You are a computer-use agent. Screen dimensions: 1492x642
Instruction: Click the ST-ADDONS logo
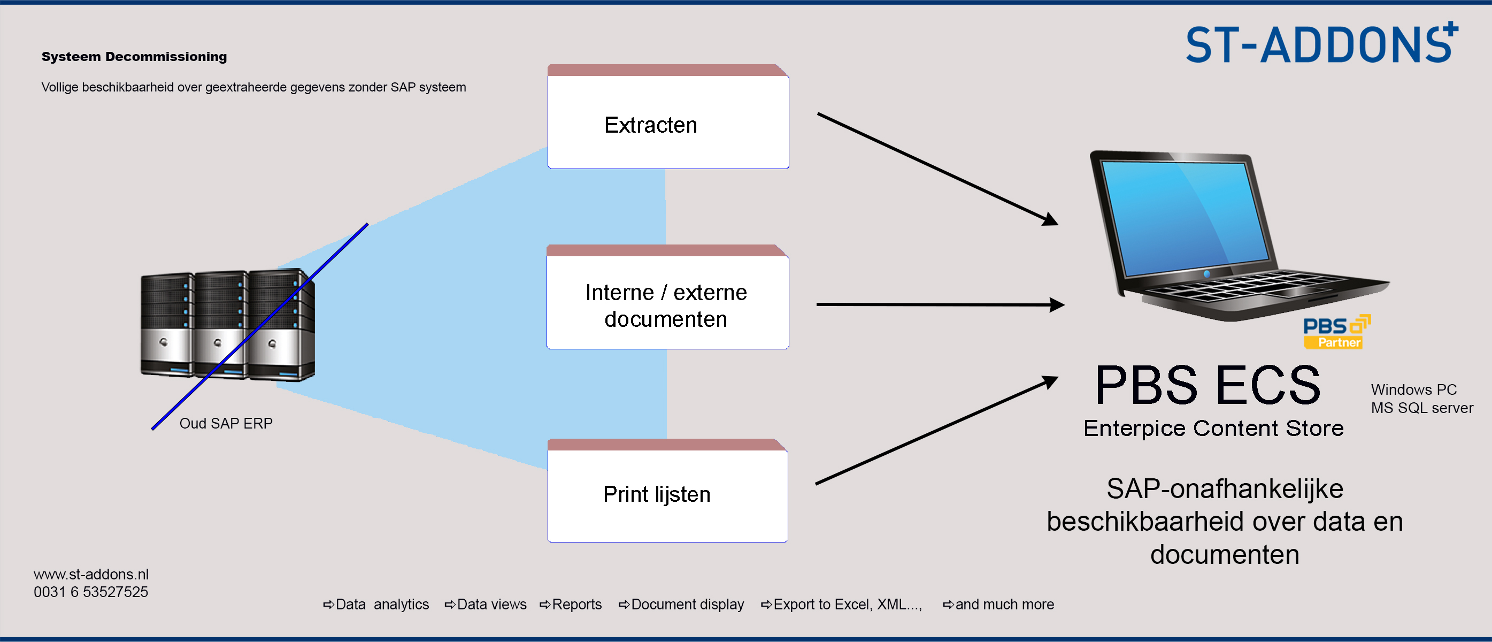(x=1322, y=43)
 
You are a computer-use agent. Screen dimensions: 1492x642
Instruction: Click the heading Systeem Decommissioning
(x=134, y=57)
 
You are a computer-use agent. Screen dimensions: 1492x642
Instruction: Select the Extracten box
(x=668, y=117)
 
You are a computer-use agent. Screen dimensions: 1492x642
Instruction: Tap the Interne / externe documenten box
(x=667, y=297)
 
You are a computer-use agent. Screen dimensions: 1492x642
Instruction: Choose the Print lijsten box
(x=667, y=490)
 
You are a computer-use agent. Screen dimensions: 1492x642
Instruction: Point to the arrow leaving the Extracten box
(x=937, y=169)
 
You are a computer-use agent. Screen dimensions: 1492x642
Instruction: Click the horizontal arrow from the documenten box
(x=940, y=304)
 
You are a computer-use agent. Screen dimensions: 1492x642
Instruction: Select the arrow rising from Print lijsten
(x=936, y=430)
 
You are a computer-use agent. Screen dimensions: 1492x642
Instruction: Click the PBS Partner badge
(x=1337, y=332)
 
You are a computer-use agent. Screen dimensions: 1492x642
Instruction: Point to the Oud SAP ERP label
(x=226, y=424)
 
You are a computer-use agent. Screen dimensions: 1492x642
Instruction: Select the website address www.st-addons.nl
(x=91, y=574)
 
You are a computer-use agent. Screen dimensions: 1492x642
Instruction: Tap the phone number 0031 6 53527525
(x=91, y=592)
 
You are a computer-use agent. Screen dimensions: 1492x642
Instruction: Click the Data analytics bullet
(x=376, y=605)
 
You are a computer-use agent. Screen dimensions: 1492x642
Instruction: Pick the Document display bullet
(x=681, y=605)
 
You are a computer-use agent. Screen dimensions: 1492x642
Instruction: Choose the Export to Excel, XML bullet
(x=841, y=605)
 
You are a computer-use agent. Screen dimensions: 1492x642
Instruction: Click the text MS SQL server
(x=1422, y=408)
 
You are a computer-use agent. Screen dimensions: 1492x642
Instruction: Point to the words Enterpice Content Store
(x=1213, y=428)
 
